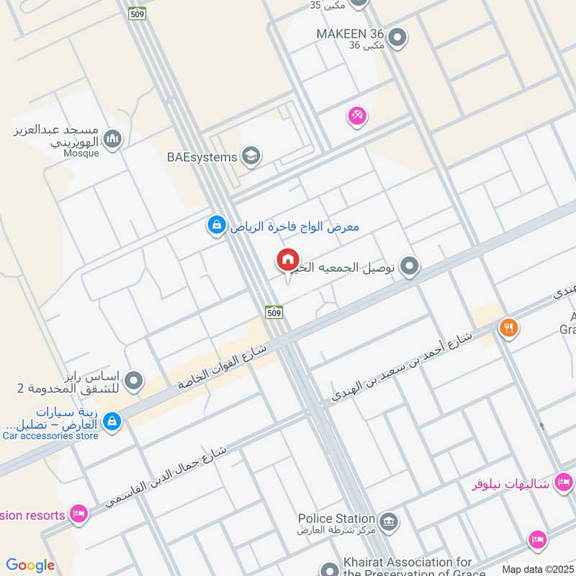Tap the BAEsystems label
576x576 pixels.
pos(202,156)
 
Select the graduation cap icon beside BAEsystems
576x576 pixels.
pos(251,156)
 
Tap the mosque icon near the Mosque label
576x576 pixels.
pos(112,139)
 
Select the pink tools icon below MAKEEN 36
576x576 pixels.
pos(357,115)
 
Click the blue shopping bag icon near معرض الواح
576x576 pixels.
pos(215,226)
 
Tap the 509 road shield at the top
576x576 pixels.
pos(138,13)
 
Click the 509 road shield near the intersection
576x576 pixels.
pos(274,312)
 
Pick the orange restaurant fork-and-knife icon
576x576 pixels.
pos(508,328)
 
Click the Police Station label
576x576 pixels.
pos(337,518)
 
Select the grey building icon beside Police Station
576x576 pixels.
pos(389,521)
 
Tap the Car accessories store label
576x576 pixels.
pos(50,435)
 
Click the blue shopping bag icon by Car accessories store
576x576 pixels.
pos(111,421)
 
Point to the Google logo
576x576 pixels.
pos(30,565)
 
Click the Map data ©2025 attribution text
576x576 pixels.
pos(536,569)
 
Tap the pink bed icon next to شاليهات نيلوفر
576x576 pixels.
pos(564,482)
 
